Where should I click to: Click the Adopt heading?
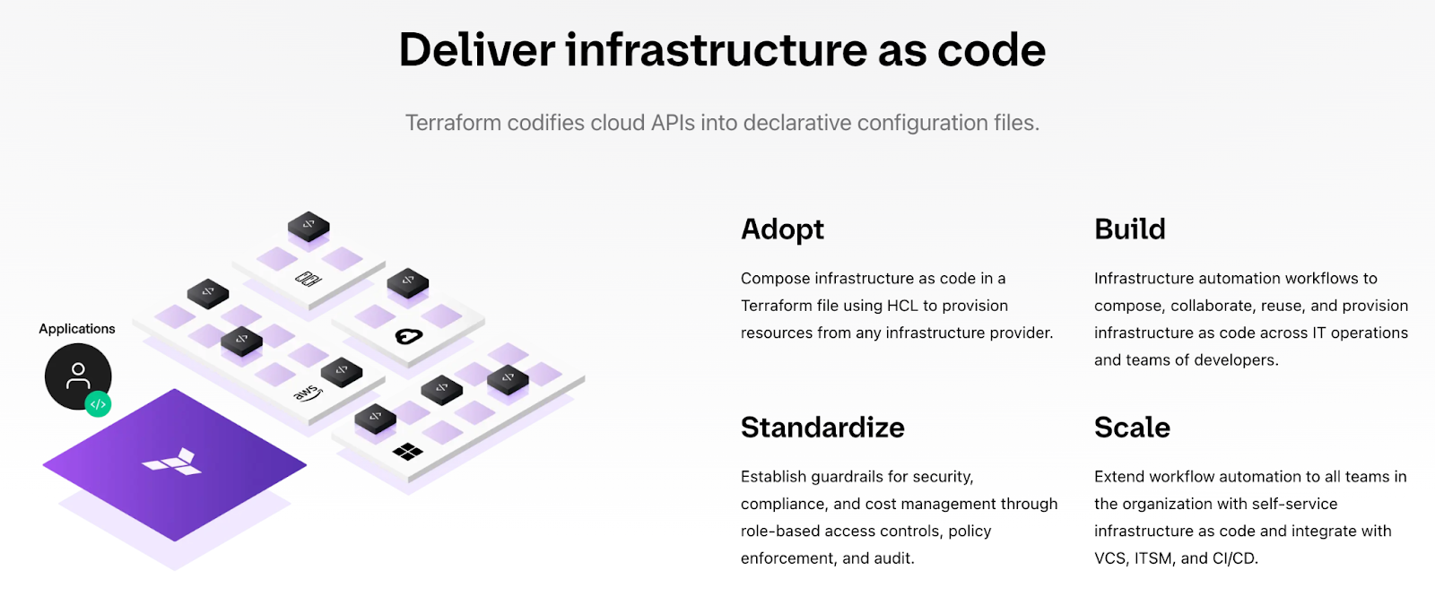(x=782, y=229)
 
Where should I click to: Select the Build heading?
(x=1129, y=229)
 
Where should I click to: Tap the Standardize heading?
(x=822, y=427)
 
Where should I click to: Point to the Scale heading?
(x=1132, y=427)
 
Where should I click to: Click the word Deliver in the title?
(x=477, y=50)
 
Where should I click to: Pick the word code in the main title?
(x=991, y=50)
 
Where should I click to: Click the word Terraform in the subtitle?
(x=453, y=122)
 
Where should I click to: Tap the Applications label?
(x=77, y=328)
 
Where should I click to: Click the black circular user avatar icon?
(x=77, y=376)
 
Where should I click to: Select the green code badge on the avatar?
(x=98, y=404)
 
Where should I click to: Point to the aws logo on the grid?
(x=309, y=393)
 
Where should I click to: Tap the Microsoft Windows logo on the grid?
(x=407, y=452)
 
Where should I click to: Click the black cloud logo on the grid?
(x=409, y=336)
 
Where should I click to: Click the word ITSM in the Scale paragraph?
(x=1153, y=558)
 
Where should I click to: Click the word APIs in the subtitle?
(x=673, y=122)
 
